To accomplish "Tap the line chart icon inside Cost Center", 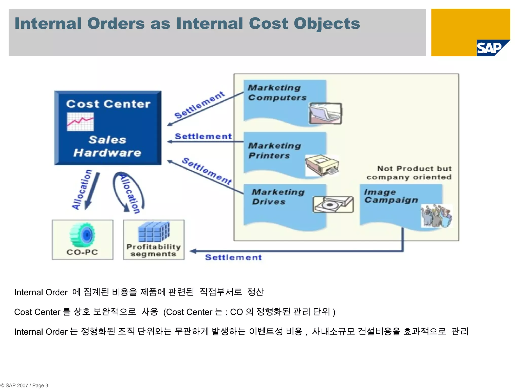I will pos(80,122).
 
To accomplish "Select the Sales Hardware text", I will pos(107,147).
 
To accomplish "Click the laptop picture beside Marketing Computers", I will pos(325,113).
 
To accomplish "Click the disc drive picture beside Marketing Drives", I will pos(333,204).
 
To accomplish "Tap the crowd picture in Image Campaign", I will pos(436,216).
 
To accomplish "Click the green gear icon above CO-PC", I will pos(83,235).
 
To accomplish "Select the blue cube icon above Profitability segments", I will pos(154,232).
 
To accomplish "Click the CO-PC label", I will pos(82,252).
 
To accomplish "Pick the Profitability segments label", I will pos(154,250).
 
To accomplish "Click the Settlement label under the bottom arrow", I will pos(233,257).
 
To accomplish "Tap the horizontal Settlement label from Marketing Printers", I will pos(203,136).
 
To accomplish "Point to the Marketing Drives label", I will pos(277,197).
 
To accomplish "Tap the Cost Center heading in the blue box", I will pos(108,104).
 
